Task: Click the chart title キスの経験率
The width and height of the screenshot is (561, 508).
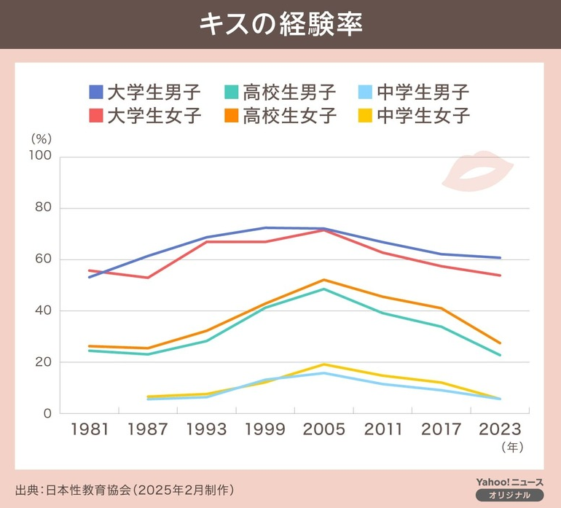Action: tap(280, 23)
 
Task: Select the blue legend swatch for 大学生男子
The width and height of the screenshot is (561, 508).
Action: tap(95, 92)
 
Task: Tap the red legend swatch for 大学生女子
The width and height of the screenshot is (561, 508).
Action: tap(95, 115)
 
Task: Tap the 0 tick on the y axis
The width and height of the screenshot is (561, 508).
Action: tap(47, 413)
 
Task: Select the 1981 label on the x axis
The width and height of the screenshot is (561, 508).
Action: tap(89, 429)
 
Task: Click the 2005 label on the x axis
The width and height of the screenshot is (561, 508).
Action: tap(324, 429)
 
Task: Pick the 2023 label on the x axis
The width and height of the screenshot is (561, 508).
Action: tap(501, 429)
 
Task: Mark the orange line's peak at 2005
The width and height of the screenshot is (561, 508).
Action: tap(323, 280)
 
